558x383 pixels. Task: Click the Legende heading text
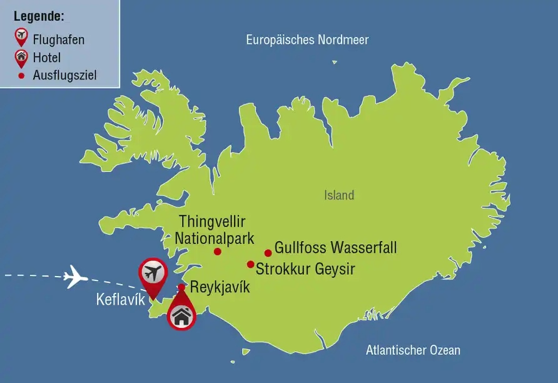[39, 16]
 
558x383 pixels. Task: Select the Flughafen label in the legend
[58, 40]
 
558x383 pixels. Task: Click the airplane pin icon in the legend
[21, 37]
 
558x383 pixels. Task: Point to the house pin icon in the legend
[21, 58]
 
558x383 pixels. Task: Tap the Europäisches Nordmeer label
[307, 40]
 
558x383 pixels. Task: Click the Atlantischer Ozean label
[413, 350]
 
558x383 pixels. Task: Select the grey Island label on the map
[339, 195]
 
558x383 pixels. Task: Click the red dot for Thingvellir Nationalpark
[218, 252]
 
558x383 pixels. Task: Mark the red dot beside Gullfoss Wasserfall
[268, 253]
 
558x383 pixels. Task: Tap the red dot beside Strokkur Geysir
[250, 264]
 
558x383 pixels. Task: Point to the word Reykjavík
[220, 288]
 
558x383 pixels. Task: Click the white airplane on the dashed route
[75, 276]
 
